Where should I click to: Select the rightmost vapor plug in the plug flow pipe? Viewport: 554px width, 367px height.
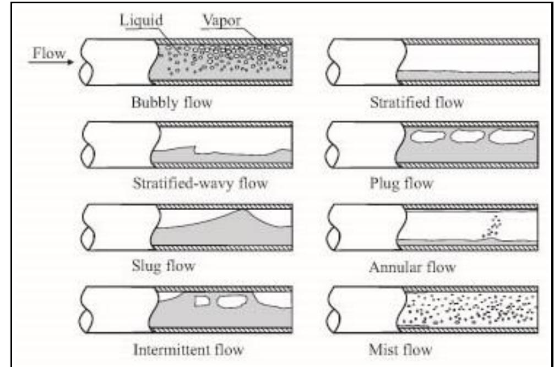(512, 136)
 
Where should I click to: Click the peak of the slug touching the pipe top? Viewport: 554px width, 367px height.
(243, 211)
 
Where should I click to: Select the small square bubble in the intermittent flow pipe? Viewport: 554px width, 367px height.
(203, 300)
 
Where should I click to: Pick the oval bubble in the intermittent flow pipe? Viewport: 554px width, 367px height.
(230, 300)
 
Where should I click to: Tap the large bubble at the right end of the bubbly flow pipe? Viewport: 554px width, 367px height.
(283, 50)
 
